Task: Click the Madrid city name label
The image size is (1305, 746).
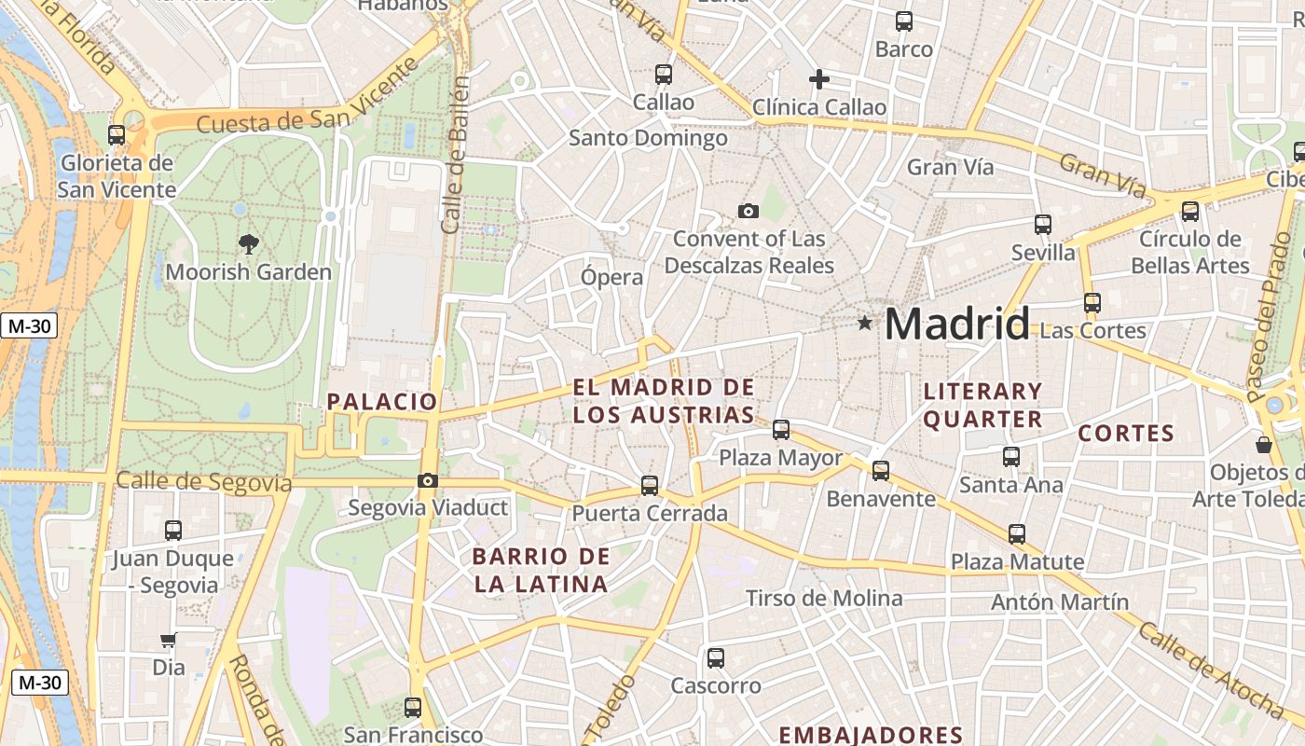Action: [956, 324]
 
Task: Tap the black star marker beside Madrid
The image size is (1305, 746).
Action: [865, 324]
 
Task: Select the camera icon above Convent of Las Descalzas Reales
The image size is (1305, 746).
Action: [748, 212]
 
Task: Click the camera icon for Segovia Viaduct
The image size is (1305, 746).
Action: [428, 481]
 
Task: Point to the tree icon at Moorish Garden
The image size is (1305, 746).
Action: [248, 244]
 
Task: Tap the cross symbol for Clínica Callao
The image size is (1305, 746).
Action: [819, 79]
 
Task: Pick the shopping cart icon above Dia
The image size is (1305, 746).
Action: [169, 641]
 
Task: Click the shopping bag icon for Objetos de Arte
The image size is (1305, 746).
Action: [1264, 445]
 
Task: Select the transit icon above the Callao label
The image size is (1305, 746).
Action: [664, 75]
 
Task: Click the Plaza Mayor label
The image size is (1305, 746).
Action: [780, 458]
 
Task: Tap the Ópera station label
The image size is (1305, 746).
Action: [611, 277]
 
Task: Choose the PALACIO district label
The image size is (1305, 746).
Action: [382, 402]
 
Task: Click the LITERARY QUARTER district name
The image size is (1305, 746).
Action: [982, 406]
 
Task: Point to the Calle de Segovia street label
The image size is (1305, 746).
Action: [204, 482]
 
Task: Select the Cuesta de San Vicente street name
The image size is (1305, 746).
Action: [308, 110]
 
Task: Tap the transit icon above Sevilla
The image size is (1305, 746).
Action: [1043, 225]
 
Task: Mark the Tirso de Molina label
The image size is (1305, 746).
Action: [824, 598]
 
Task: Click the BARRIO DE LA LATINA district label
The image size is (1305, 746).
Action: [541, 571]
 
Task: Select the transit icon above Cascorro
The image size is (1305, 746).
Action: [716, 658]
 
